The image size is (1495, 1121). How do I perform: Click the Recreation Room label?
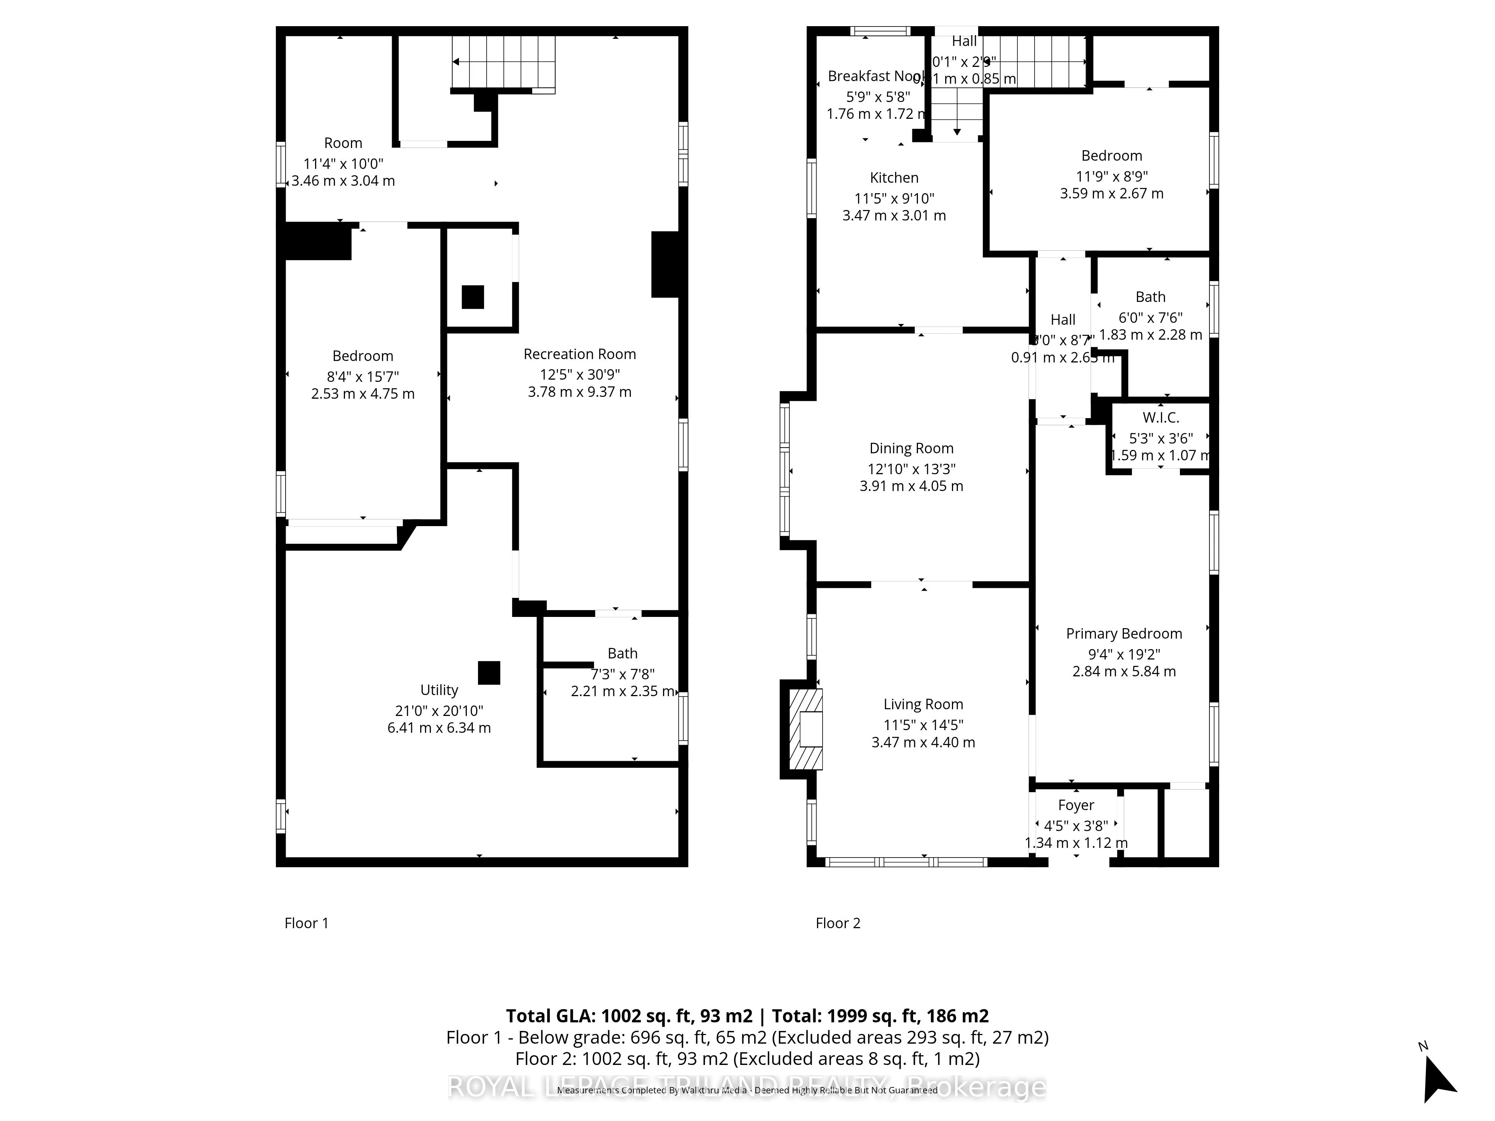point(579,354)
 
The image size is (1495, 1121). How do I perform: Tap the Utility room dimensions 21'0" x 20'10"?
point(439,711)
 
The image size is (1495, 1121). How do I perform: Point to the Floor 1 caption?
point(306,923)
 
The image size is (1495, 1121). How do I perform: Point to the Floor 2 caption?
point(838,923)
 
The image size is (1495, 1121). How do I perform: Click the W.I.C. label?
point(1160,418)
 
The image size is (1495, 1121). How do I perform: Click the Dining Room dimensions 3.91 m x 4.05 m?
point(911,486)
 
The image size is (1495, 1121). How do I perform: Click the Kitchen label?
point(894,178)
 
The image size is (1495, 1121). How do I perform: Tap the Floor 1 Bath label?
point(622,654)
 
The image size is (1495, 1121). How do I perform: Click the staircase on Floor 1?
point(503,62)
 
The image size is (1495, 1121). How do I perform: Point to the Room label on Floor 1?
point(343,143)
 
